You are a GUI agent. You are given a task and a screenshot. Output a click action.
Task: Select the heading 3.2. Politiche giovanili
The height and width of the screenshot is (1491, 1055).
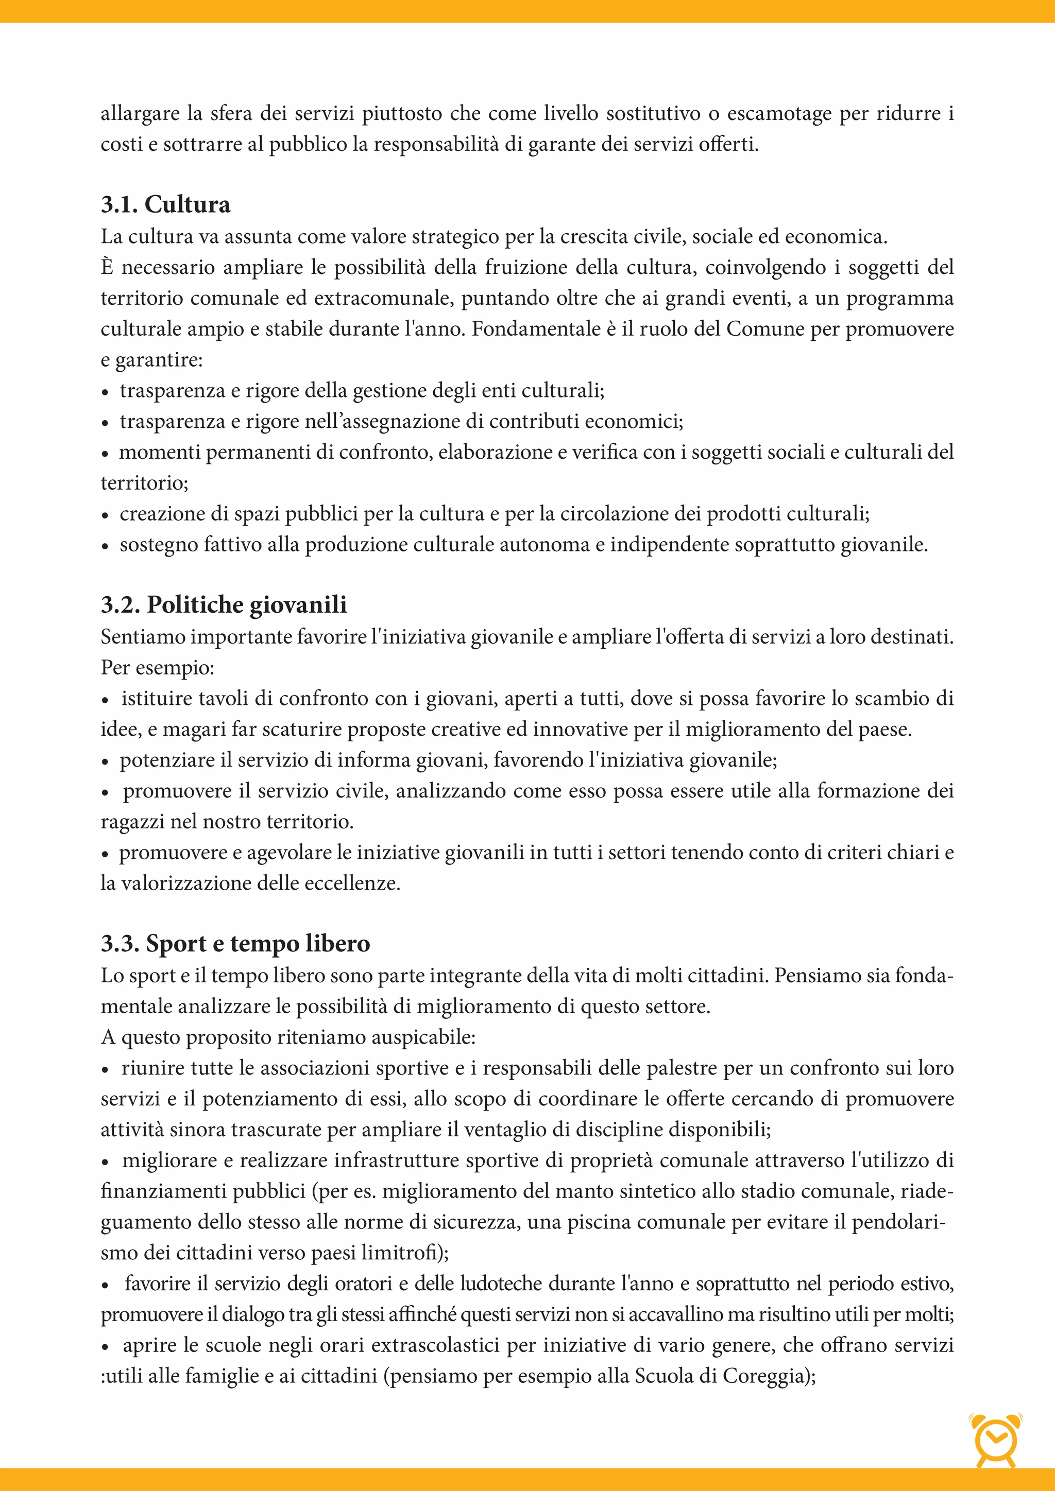pos(224,604)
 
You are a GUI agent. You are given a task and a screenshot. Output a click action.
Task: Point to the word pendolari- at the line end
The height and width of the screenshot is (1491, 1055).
pos(898,1222)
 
